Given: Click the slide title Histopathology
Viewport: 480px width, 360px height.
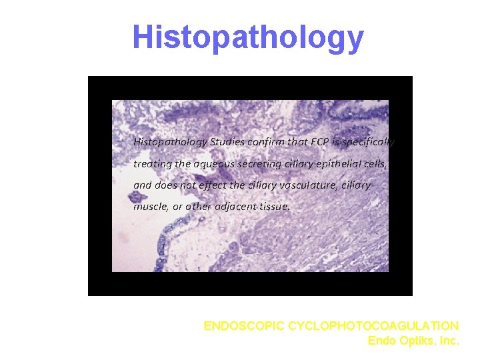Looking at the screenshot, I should [248, 38].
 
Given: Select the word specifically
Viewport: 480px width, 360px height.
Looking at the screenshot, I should [370, 142].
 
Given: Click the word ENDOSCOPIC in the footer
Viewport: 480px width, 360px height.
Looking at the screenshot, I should [245, 326].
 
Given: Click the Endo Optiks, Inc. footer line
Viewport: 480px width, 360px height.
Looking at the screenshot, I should [413, 341].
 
